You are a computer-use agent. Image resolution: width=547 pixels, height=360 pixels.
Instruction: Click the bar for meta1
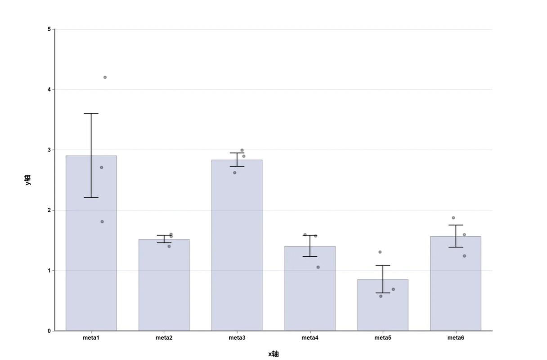[91, 243]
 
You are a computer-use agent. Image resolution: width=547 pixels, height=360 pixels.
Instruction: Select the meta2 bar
[164, 285]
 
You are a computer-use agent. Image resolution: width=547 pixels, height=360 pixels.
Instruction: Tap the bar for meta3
[237, 245]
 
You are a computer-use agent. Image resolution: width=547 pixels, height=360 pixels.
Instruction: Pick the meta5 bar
[383, 305]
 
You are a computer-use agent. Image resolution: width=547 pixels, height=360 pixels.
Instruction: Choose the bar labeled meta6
[456, 283]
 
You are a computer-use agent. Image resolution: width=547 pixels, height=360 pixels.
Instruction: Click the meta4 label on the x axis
[310, 338]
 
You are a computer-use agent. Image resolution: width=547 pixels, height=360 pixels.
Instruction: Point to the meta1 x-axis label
[91, 338]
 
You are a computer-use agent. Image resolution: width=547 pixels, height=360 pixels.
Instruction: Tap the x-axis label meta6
[456, 338]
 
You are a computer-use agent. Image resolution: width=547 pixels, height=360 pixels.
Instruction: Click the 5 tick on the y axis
[49, 29]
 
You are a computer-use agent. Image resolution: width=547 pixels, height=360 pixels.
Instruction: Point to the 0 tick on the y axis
[49, 331]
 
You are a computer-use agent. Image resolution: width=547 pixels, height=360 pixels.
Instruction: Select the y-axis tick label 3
[49, 150]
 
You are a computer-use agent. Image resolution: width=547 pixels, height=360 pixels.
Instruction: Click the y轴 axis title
[28, 180]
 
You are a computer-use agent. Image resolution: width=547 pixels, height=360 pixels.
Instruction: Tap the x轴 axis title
[273, 354]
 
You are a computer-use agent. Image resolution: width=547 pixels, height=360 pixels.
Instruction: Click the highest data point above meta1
[105, 77]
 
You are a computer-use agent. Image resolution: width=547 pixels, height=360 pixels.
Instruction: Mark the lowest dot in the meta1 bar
[102, 222]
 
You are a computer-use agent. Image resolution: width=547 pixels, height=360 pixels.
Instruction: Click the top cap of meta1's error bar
[91, 113]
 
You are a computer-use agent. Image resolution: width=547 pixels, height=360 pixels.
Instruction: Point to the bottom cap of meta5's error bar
[383, 293]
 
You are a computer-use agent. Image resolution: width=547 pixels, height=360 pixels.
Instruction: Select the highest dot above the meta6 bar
[453, 218]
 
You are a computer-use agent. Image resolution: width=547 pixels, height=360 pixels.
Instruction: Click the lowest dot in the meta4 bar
[318, 267]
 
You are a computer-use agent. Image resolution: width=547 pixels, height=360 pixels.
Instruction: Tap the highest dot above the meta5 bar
[380, 252]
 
